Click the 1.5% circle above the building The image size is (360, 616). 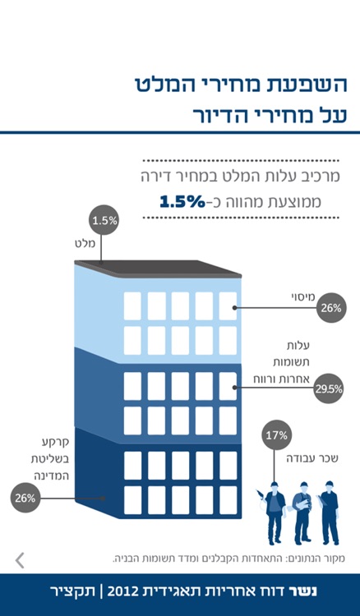pyautogui.click(x=105, y=220)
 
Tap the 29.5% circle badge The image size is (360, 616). pyautogui.click(x=329, y=390)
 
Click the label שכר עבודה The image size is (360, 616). pyautogui.click(x=320, y=458)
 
